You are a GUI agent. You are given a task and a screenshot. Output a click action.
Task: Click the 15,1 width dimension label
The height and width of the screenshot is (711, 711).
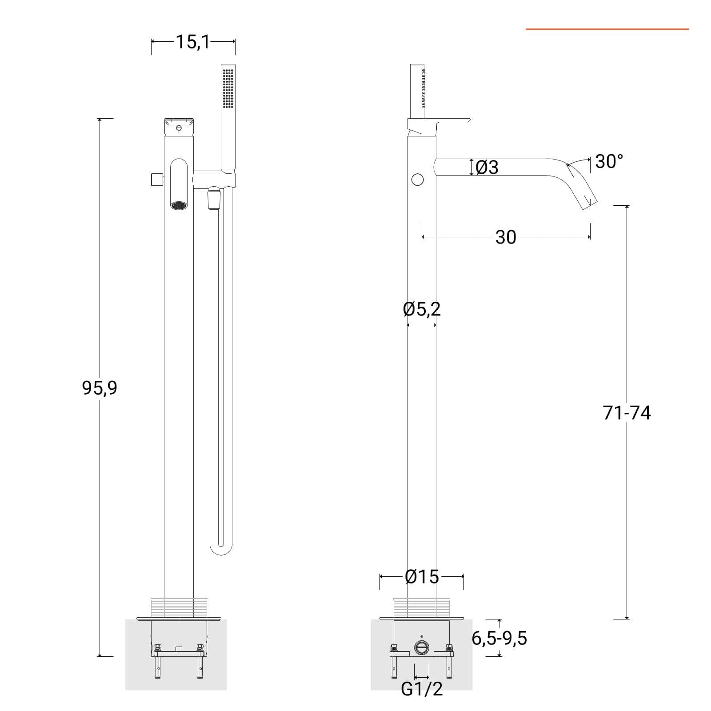[x=193, y=42]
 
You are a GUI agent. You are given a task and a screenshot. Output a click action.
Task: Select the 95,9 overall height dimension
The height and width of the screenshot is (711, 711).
[x=100, y=388]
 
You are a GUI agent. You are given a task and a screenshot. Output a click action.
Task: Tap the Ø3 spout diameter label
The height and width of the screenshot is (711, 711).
[x=487, y=168]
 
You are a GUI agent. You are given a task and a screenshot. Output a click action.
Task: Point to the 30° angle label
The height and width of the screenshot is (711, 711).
[x=609, y=161]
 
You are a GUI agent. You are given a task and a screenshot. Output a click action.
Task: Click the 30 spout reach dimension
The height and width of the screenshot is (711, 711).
[x=506, y=237]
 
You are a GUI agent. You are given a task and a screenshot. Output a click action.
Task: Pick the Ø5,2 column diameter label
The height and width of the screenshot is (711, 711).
[x=422, y=309]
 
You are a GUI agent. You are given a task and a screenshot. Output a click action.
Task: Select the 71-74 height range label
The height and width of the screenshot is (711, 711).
[x=627, y=413]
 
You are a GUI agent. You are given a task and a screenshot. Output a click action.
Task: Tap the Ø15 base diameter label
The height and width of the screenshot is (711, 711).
[x=422, y=577]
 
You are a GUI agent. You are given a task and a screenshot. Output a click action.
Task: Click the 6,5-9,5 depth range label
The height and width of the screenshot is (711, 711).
[x=499, y=638]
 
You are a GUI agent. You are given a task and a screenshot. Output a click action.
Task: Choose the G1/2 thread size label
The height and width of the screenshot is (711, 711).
[x=422, y=689]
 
